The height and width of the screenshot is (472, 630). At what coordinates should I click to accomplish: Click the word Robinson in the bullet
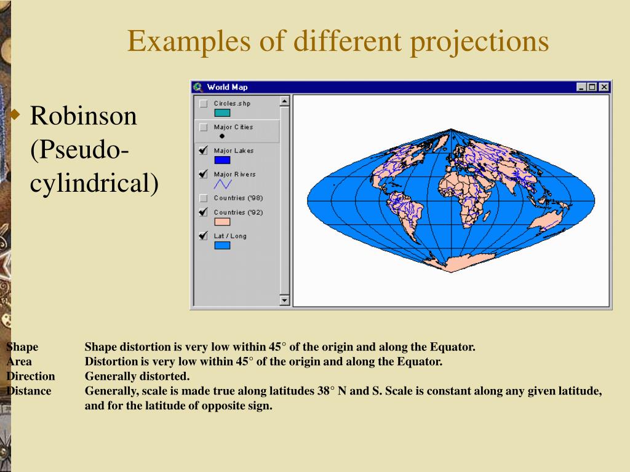(x=84, y=116)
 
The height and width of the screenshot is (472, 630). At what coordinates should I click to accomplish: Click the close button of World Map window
(x=604, y=87)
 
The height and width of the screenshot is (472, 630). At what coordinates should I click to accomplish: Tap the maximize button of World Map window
(x=593, y=87)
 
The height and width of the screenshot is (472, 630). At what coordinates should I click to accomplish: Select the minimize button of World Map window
(x=582, y=87)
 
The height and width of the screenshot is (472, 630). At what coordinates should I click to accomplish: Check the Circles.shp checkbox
(x=204, y=104)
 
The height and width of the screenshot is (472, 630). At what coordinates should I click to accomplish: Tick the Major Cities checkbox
(x=204, y=127)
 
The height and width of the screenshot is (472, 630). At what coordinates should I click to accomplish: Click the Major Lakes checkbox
(x=204, y=151)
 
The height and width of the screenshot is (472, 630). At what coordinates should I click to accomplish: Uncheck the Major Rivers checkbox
(x=204, y=175)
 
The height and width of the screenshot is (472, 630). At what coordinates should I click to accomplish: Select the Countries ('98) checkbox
(x=204, y=198)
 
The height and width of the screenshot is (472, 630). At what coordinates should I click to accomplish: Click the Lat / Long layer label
(x=230, y=236)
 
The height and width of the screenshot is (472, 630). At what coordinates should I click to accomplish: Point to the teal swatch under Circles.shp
(x=222, y=113)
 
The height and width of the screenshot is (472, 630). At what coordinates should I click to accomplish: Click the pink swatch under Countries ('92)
(x=222, y=222)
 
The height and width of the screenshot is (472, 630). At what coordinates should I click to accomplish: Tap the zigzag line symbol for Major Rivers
(x=222, y=184)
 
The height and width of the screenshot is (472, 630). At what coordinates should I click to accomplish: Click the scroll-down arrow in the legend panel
(x=284, y=301)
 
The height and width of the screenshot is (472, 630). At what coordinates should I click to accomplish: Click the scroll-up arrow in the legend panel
(x=284, y=101)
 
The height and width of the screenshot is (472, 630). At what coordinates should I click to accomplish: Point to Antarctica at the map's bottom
(x=453, y=264)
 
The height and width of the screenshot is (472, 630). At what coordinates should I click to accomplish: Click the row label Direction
(x=31, y=376)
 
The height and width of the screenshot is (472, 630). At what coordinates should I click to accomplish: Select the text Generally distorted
(x=137, y=376)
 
